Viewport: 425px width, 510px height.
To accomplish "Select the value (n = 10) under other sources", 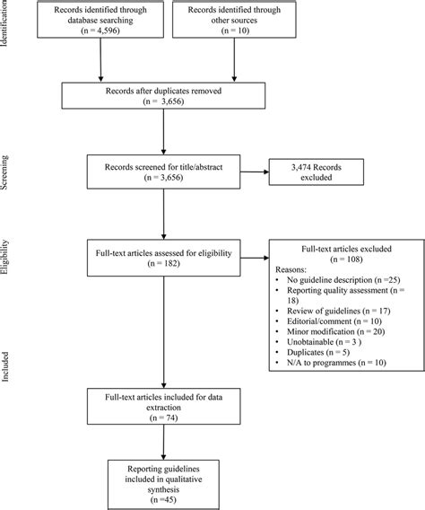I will tap(235, 43).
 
